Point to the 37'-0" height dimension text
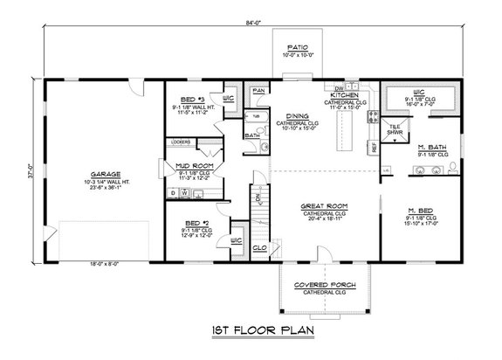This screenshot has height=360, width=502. pyautogui.click(x=30, y=172)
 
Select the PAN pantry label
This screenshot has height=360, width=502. pyautogui.click(x=259, y=90)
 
